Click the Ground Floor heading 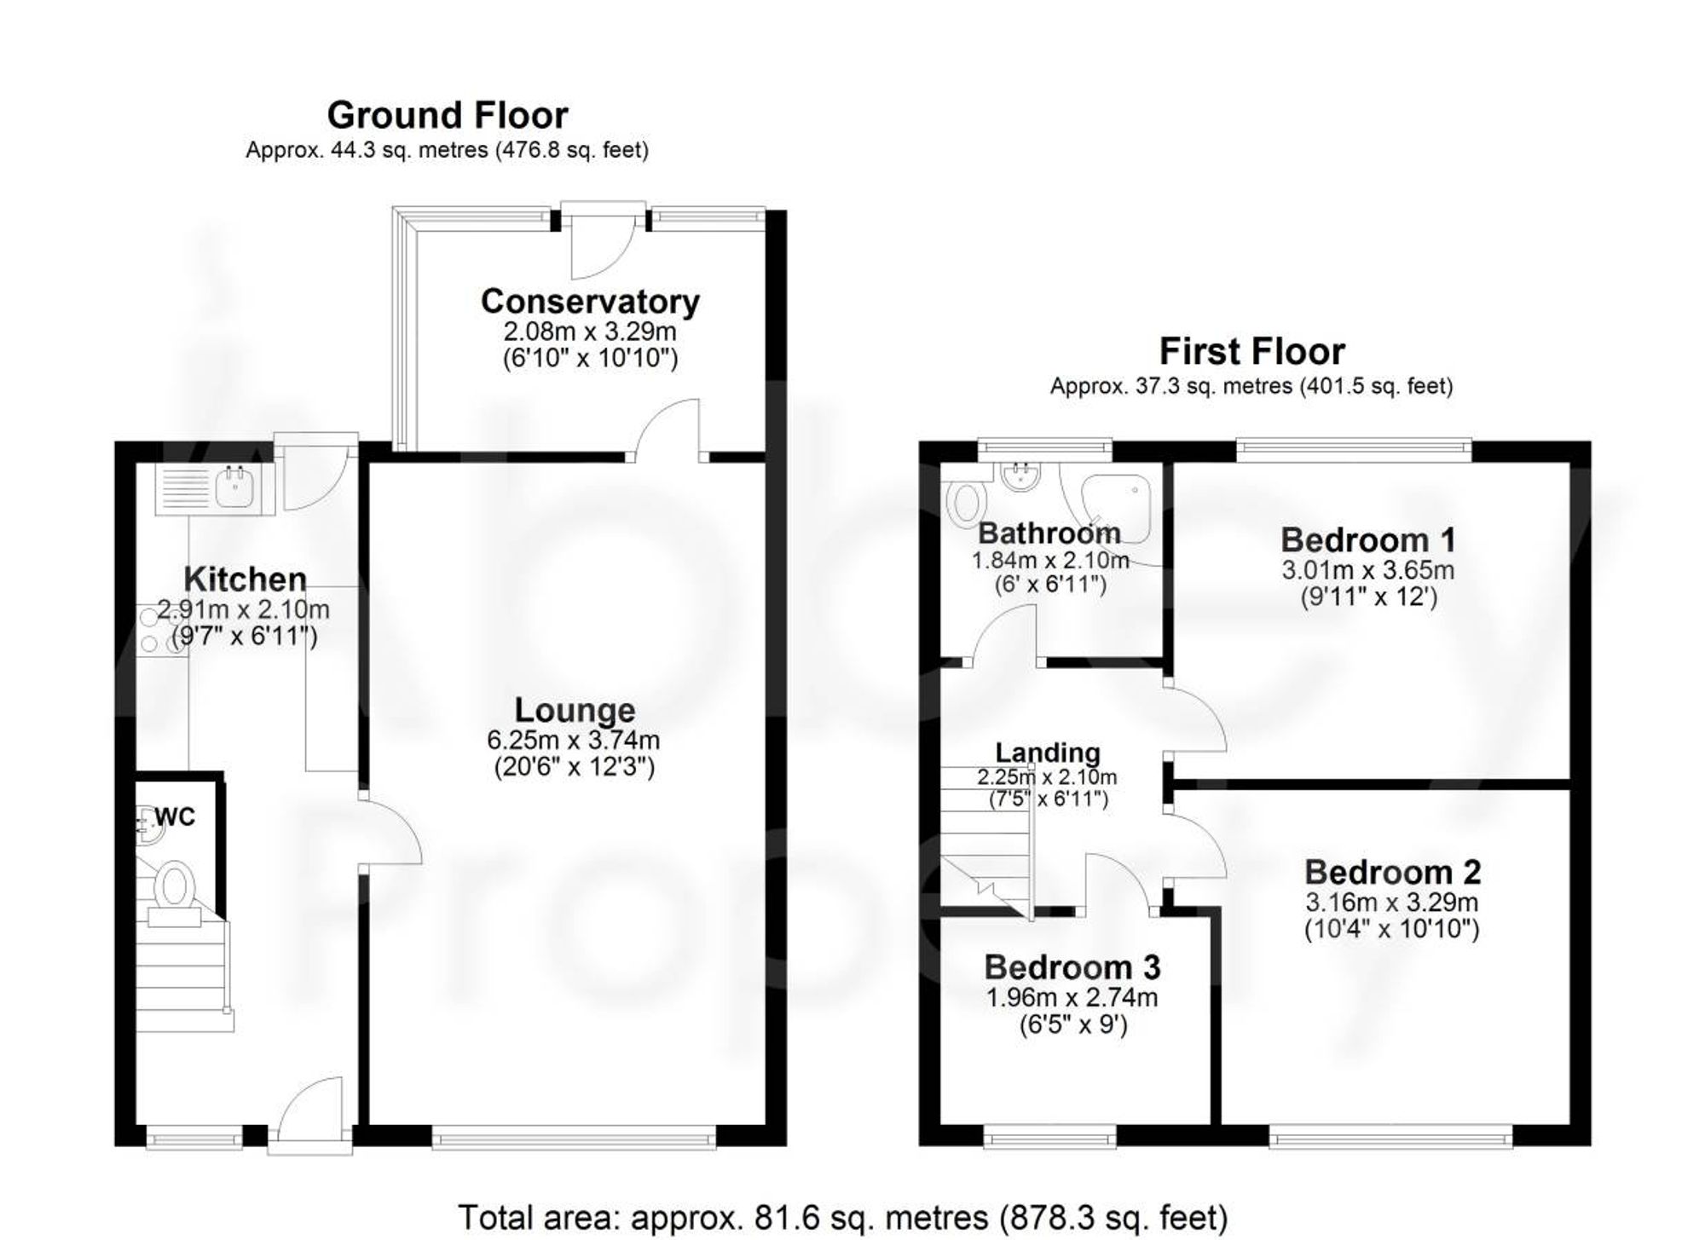pyautogui.click(x=447, y=115)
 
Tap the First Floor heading pyautogui.click(x=1251, y=351)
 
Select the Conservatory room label pyautogui.click(x=590, y=302)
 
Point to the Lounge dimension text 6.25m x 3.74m pyautogui.click(x=573, y=740)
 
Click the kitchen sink pyautogui.click(x=231, y=488)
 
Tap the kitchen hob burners pyautogui.click(x=160, y=629)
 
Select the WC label pyautogui.click(x=175, y=817)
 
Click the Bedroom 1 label pyautogui.click(x=1367, y=540)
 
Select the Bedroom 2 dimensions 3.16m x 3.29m pyautogui.click(x=1391, y=902)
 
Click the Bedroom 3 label pyautogui.click(x=1072, y=967)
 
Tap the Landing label pyautogui.click(x=1048, y=753)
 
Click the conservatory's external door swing pyautogui.click(x=599, y=247)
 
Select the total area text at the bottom pyautogui.click(x=842, y=1217)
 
